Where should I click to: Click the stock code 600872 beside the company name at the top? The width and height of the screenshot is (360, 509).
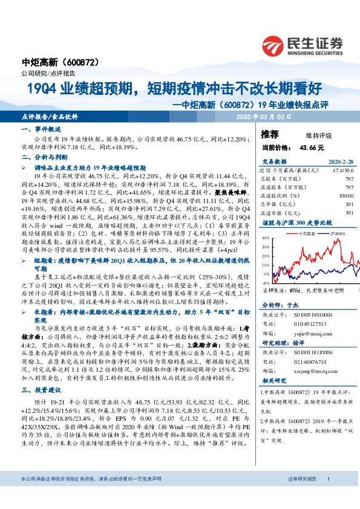[79, 62]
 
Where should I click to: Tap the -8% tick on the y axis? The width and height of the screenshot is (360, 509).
[266, 282]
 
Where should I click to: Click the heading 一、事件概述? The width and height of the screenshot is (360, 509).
[38, 130]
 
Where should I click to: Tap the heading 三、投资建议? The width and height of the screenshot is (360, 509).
[38, 391]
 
